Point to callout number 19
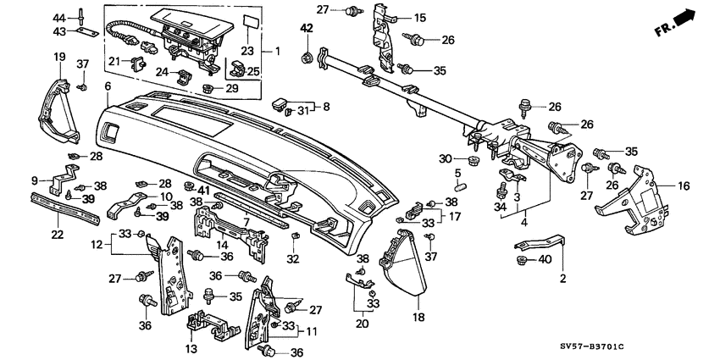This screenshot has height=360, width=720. point(60,57)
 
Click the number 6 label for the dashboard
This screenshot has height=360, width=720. point(108,87)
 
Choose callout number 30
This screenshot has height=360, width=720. point(445,159)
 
